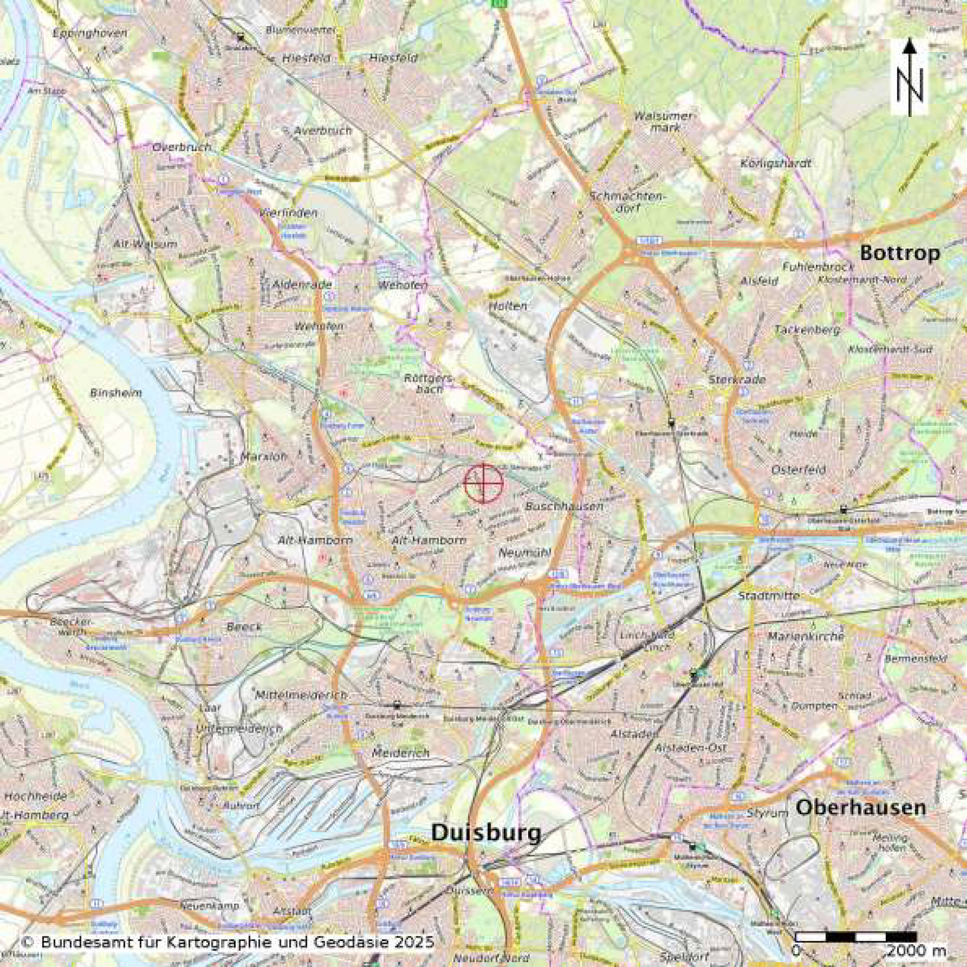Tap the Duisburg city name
pyautogui.click(x=486, y=832)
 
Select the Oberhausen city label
pyautogui.click(x=860, y=807)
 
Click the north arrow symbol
pyautogui.click(x=909, y=78)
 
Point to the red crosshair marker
pyautogui.click(x=483, y=483)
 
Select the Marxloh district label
pyautogui.click(x=264, y=457)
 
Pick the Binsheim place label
pyautogui.click(x=115, y=393)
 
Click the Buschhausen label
pyautogui.click(x=564, y=506)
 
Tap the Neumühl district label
pyautogui.click(x=524, y=553)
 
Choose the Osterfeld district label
pyautogui.click(x=799, y=469)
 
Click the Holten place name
pyautogui.click(x=508, y=306)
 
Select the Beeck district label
pyautogui.click(x=244, y=626)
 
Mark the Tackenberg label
pyautogui.click(x=807, y=330)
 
